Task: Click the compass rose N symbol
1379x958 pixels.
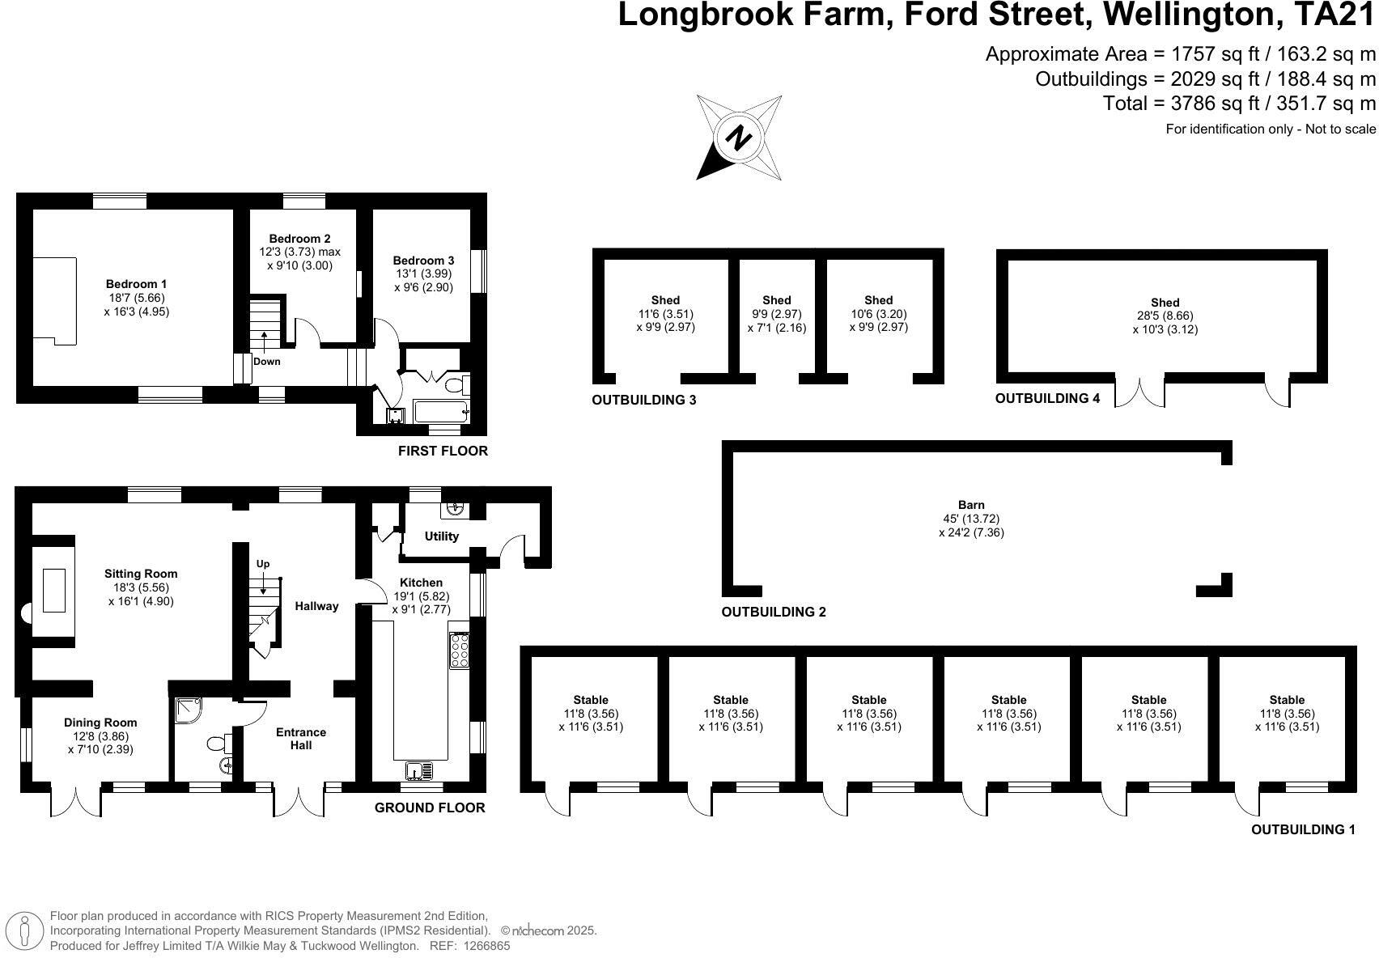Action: tap(738, 138)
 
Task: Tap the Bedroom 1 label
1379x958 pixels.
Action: tap(136, 284)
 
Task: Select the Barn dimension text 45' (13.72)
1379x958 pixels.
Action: tap(971, 519)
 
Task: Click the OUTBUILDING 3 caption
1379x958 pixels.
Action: tap(643, 400)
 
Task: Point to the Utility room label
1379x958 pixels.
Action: tap(441, 536)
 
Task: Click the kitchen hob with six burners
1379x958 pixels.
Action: tap(460, 651)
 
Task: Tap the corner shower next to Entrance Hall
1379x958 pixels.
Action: tap(188, 711)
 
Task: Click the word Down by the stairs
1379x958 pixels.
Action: tap(266, 362)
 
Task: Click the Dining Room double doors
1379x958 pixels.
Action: tap(76, 801)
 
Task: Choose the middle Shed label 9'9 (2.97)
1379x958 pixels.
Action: tap(776, 314)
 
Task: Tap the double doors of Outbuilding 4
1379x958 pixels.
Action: tap(1139, 392)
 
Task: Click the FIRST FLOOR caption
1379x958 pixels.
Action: tap(443, 451)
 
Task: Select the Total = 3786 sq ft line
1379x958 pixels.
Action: tap(1238, 104)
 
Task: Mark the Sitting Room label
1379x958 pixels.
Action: tap(141, 574)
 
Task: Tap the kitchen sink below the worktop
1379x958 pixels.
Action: tap(420, 771)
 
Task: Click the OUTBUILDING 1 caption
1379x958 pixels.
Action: tap(1303, 829)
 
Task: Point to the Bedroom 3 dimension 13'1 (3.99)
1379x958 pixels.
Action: tap(423, 273)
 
